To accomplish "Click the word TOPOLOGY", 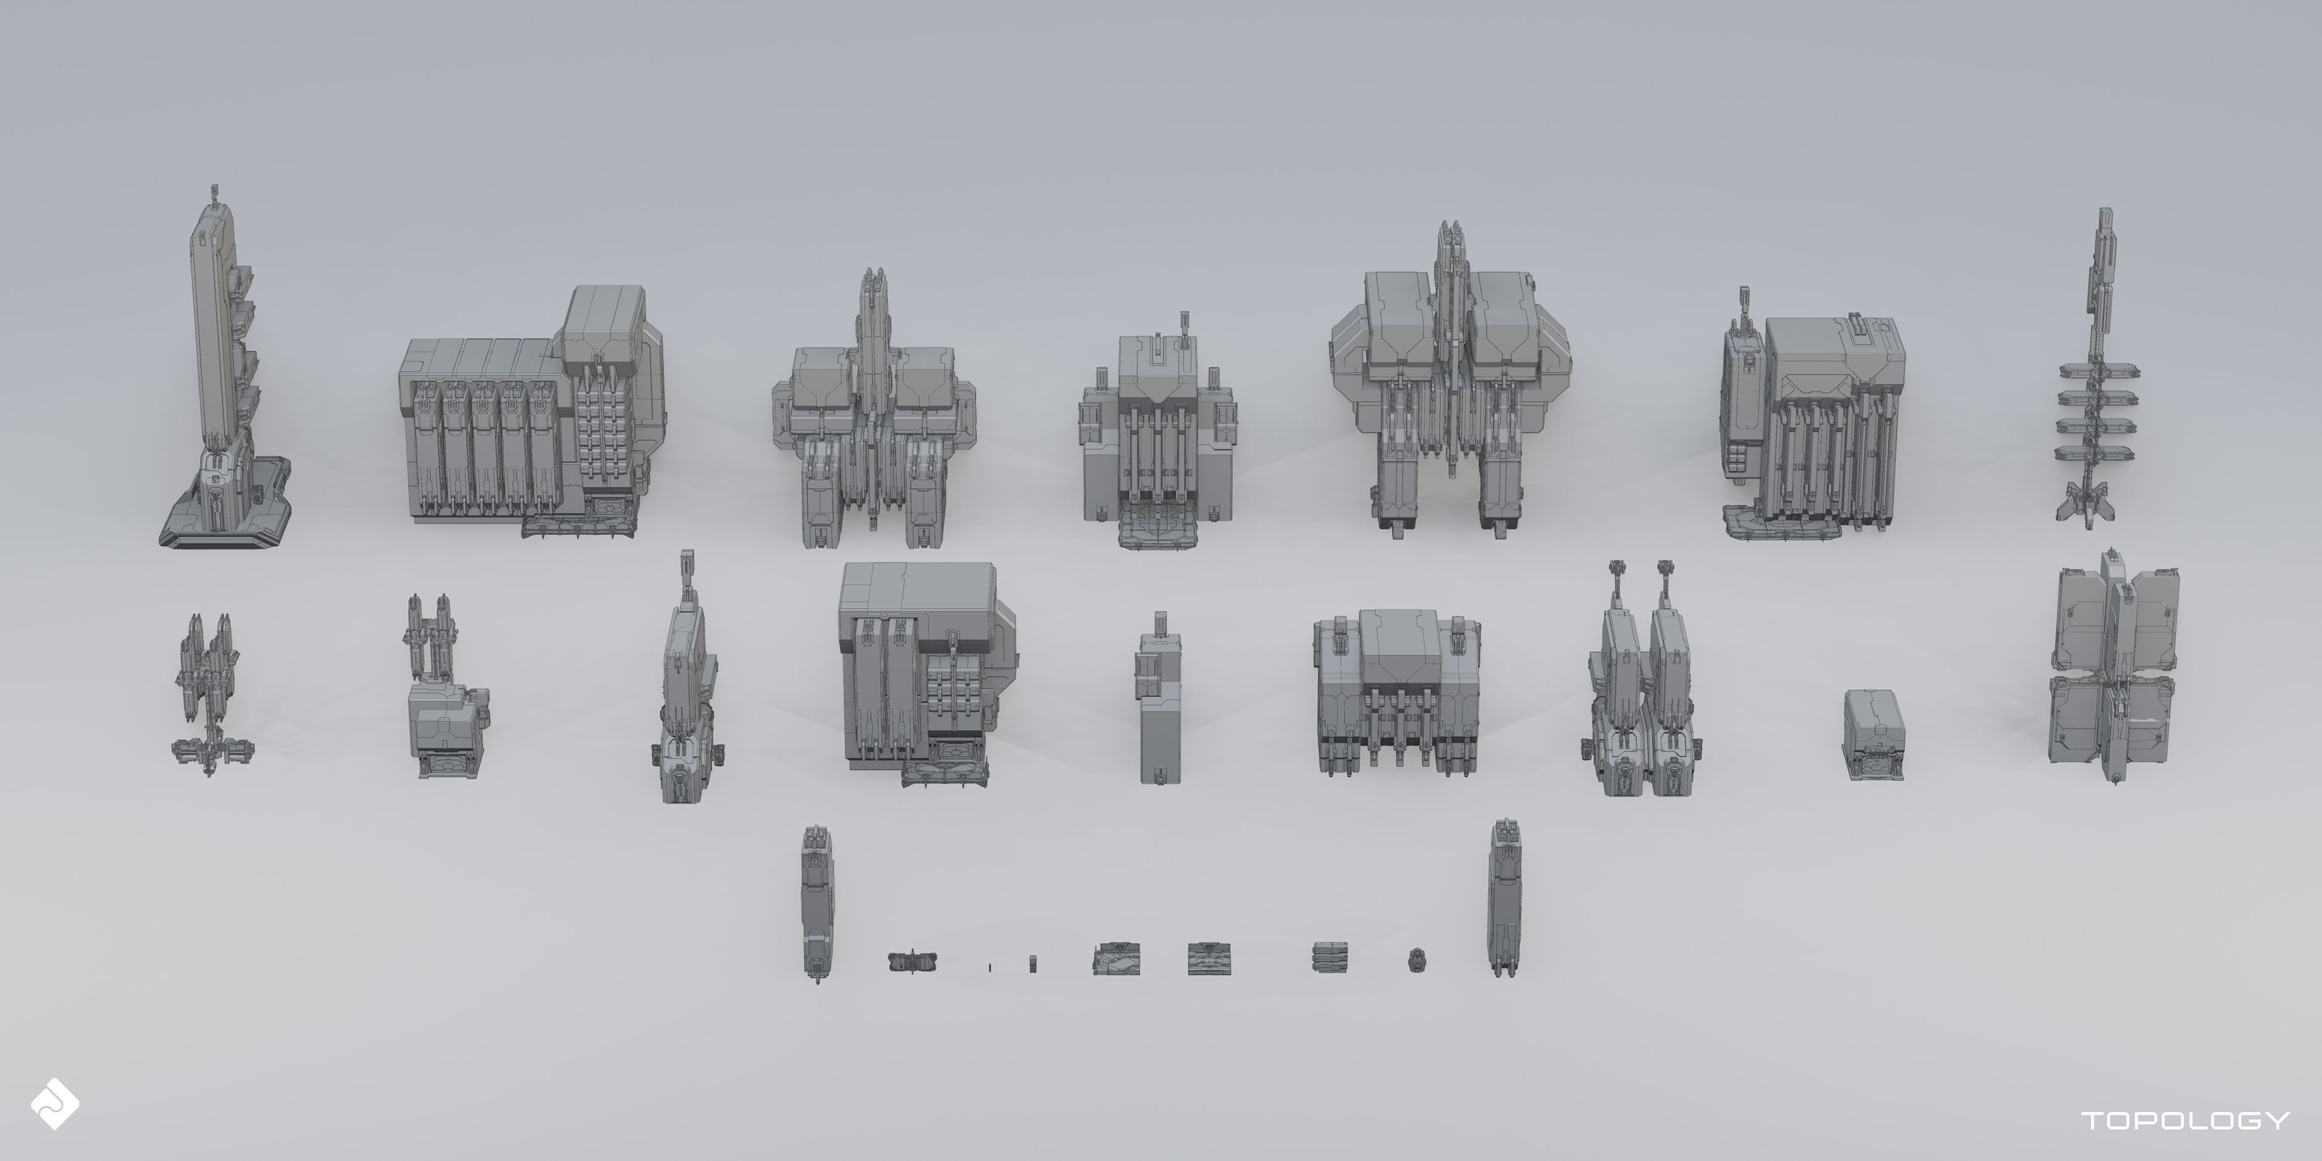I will pos(2185,1120).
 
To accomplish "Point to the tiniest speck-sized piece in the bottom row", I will pos(989,967).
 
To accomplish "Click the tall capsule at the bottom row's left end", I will pos(817,902).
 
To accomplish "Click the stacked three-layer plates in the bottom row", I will pos(1329,957).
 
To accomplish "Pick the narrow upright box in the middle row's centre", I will pos(1160,703).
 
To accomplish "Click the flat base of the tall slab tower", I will pos(225,523).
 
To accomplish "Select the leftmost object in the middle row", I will pos(211,694).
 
